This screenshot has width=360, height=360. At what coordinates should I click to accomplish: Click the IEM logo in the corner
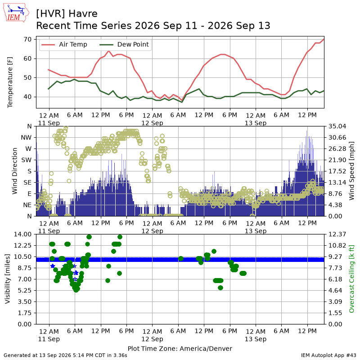tap(16, 13)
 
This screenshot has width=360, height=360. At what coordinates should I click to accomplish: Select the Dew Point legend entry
tap(124, 44)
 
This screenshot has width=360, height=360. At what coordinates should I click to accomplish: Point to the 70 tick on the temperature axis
tap(27, 40)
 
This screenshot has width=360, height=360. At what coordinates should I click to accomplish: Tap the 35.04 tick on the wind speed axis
tap(337, 126)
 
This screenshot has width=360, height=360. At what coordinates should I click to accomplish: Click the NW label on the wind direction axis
tap(26, 138)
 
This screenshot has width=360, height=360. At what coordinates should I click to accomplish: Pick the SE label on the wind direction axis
tap(27, 183)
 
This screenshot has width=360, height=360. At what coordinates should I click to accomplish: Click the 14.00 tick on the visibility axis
tap(23, 234)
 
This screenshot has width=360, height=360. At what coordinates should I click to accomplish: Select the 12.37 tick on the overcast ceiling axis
tap(337, 234)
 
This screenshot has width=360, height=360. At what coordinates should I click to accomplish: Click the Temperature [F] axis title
tap(10, 82)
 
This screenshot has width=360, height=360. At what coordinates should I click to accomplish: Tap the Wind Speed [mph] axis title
tap(351, 171)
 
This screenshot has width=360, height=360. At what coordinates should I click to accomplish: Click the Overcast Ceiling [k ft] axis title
tap(351, 279)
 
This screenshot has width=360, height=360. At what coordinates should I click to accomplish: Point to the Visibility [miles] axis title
tap(8, 279)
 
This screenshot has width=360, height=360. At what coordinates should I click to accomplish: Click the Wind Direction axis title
tap(15, 171)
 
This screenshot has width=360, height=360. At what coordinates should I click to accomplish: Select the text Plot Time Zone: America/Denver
tap(180, 348)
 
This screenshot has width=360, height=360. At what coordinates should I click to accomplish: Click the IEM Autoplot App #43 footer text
tap(328, 355)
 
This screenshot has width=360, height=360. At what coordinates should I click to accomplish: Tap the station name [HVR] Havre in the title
tap(67, 14)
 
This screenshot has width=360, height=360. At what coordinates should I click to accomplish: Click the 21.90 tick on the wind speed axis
tap(337, 160)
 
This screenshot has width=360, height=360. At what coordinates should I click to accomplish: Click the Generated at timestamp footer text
tap(65, 355)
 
